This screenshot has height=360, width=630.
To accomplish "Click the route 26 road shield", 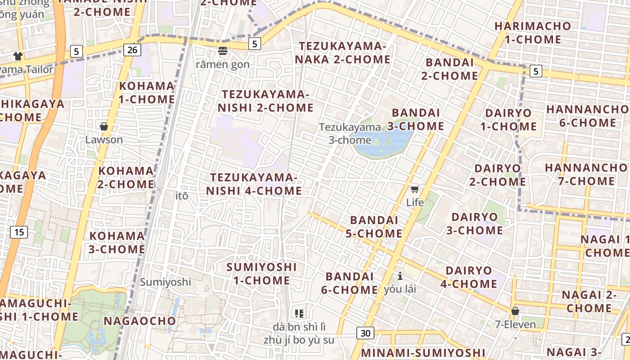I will click(x=132, y=49).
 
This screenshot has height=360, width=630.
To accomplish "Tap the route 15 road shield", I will click(x=19, y=232).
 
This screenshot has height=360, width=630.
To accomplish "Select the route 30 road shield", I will click(x=366, y=333).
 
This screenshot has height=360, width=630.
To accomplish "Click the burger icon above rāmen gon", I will click(x=223, y=51).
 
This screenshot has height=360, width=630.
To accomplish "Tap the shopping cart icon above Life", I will click(x=414, y=189).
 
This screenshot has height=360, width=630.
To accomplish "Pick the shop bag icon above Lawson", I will click(x=104, y=126).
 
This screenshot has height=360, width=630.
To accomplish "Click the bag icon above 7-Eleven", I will click(x=515, y=311).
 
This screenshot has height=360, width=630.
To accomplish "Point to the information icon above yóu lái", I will click(x=400, y=275).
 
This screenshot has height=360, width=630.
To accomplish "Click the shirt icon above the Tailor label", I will click(x=18, y=56).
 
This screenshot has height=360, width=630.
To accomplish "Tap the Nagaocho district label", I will click(x=139, y=321).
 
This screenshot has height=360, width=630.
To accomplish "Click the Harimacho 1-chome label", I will click(x=533, y=32).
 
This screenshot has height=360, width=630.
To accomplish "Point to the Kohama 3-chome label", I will click(x=117, y=242).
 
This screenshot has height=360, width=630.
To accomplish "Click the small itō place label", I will click(x=182, y=196).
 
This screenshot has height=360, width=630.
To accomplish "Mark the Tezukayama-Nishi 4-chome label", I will click(x=254, y=184).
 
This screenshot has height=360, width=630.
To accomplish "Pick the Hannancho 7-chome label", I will click(x=586, y=174).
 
